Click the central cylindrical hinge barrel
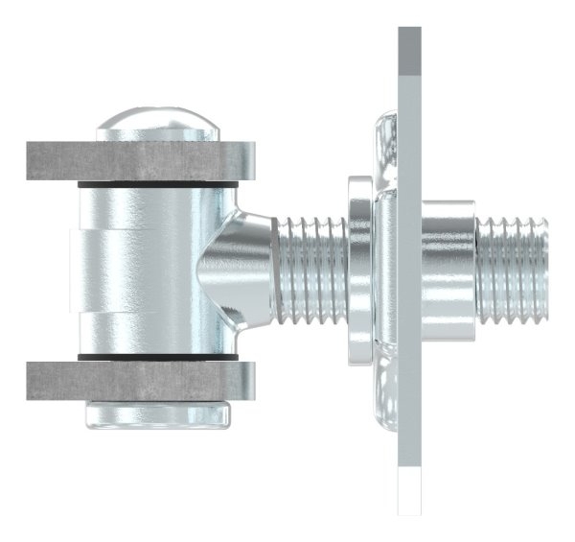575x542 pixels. pyautogui.click(x=153, y=269)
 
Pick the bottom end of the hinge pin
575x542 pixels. pyautogui.click(x=158, y=414)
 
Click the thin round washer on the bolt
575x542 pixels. pyautogui.click(x=359, y=269)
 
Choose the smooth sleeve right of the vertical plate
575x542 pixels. pyautogui.click(x=448, y=269)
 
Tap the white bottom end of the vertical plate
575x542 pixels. pyautogui.click(x=409, y=489)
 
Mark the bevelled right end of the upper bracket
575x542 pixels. pyautogui.click(x=247, y=161)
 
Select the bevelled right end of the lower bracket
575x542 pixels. pyautogui.click(x=247, y=381)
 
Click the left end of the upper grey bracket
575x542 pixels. pyautogui.click(x=34, y=161)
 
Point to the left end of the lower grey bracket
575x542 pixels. pyautogui.click(x=34, y=381)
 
